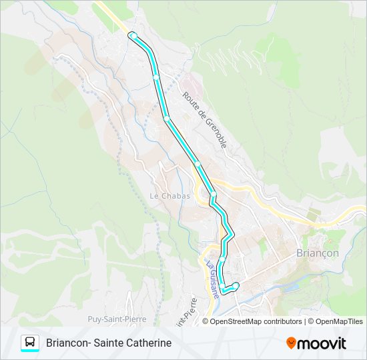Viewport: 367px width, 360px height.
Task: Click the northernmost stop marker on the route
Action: pos(133,35)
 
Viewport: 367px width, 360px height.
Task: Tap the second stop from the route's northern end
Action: pos(156,77)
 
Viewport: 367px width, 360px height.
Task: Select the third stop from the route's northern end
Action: pos(167,119)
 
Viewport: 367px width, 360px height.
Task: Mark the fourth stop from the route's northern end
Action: pos(198,163)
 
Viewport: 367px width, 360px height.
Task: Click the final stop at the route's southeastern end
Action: pos(236,285)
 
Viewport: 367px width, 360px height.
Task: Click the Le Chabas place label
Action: pos(169,196)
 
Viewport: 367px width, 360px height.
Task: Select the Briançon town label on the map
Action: pos(317,253)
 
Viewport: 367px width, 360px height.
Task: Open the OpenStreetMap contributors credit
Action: pos(256,321)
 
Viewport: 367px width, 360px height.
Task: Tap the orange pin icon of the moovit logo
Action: pos(291,343)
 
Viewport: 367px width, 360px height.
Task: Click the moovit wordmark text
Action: pos(322,343)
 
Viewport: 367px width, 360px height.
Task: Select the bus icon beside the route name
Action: pos(30,343)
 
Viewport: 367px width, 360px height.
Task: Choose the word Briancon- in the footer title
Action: pos(69,343)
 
